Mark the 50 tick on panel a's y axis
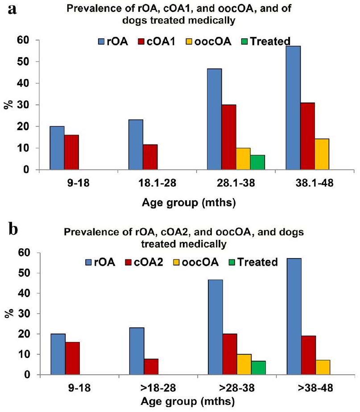(28, 62)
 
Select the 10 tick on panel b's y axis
(28, 354)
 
